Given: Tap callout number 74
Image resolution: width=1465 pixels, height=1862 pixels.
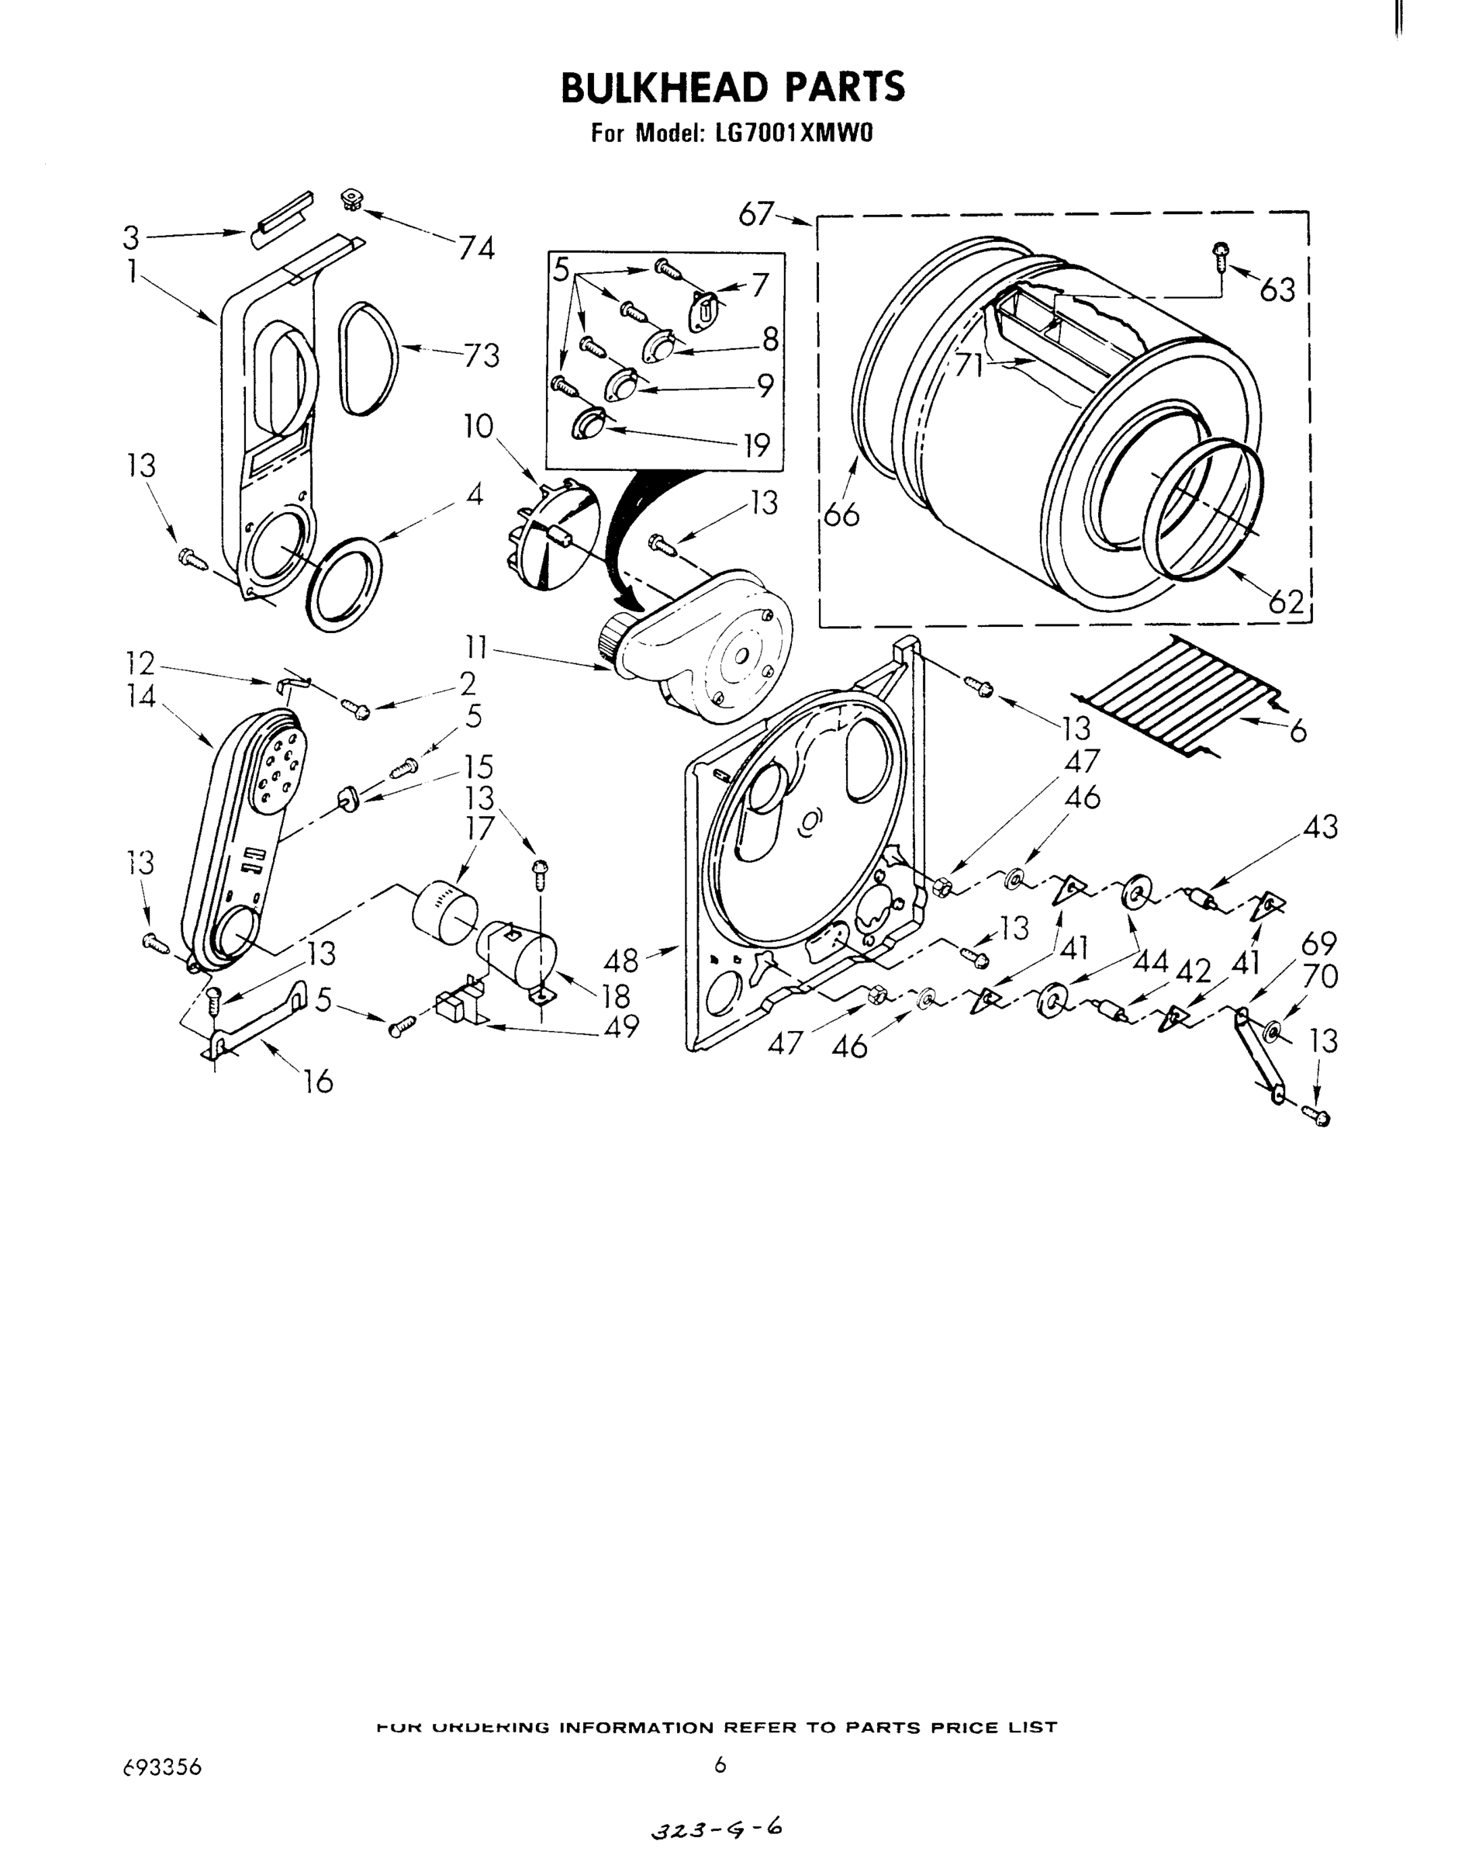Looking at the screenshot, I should [x=476, y=249].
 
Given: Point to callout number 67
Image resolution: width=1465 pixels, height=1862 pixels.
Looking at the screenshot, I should [x=755, y=213].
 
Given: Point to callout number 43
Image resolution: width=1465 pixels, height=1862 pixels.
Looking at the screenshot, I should [x=1320, y=828].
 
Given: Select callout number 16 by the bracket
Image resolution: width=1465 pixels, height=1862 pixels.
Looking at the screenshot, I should [x=318, y=1082].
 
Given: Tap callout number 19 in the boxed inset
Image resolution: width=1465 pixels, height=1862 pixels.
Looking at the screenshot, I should [x=755, y=445].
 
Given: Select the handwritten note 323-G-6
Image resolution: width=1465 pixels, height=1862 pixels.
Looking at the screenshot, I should [x=716, y=1829].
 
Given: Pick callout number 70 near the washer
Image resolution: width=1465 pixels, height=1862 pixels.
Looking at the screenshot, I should [x=1319, y=977].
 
